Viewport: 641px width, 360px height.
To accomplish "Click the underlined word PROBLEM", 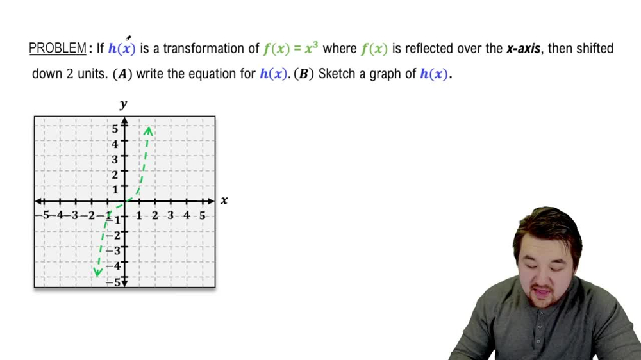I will tap(58, 49).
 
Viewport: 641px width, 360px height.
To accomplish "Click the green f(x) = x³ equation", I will tap(290, 48).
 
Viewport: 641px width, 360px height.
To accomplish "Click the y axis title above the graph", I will tap(124, 104).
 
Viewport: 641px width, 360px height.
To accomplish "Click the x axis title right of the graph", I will tap(224, 200).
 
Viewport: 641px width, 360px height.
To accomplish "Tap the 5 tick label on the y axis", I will tap(115, 129).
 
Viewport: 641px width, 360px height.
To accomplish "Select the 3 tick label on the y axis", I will tap(115, 160).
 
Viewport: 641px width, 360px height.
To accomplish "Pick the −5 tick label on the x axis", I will tap(43, 215).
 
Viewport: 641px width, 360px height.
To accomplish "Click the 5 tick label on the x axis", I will tap(203, 215).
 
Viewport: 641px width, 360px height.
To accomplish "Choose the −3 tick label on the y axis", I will tap(113, 250).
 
